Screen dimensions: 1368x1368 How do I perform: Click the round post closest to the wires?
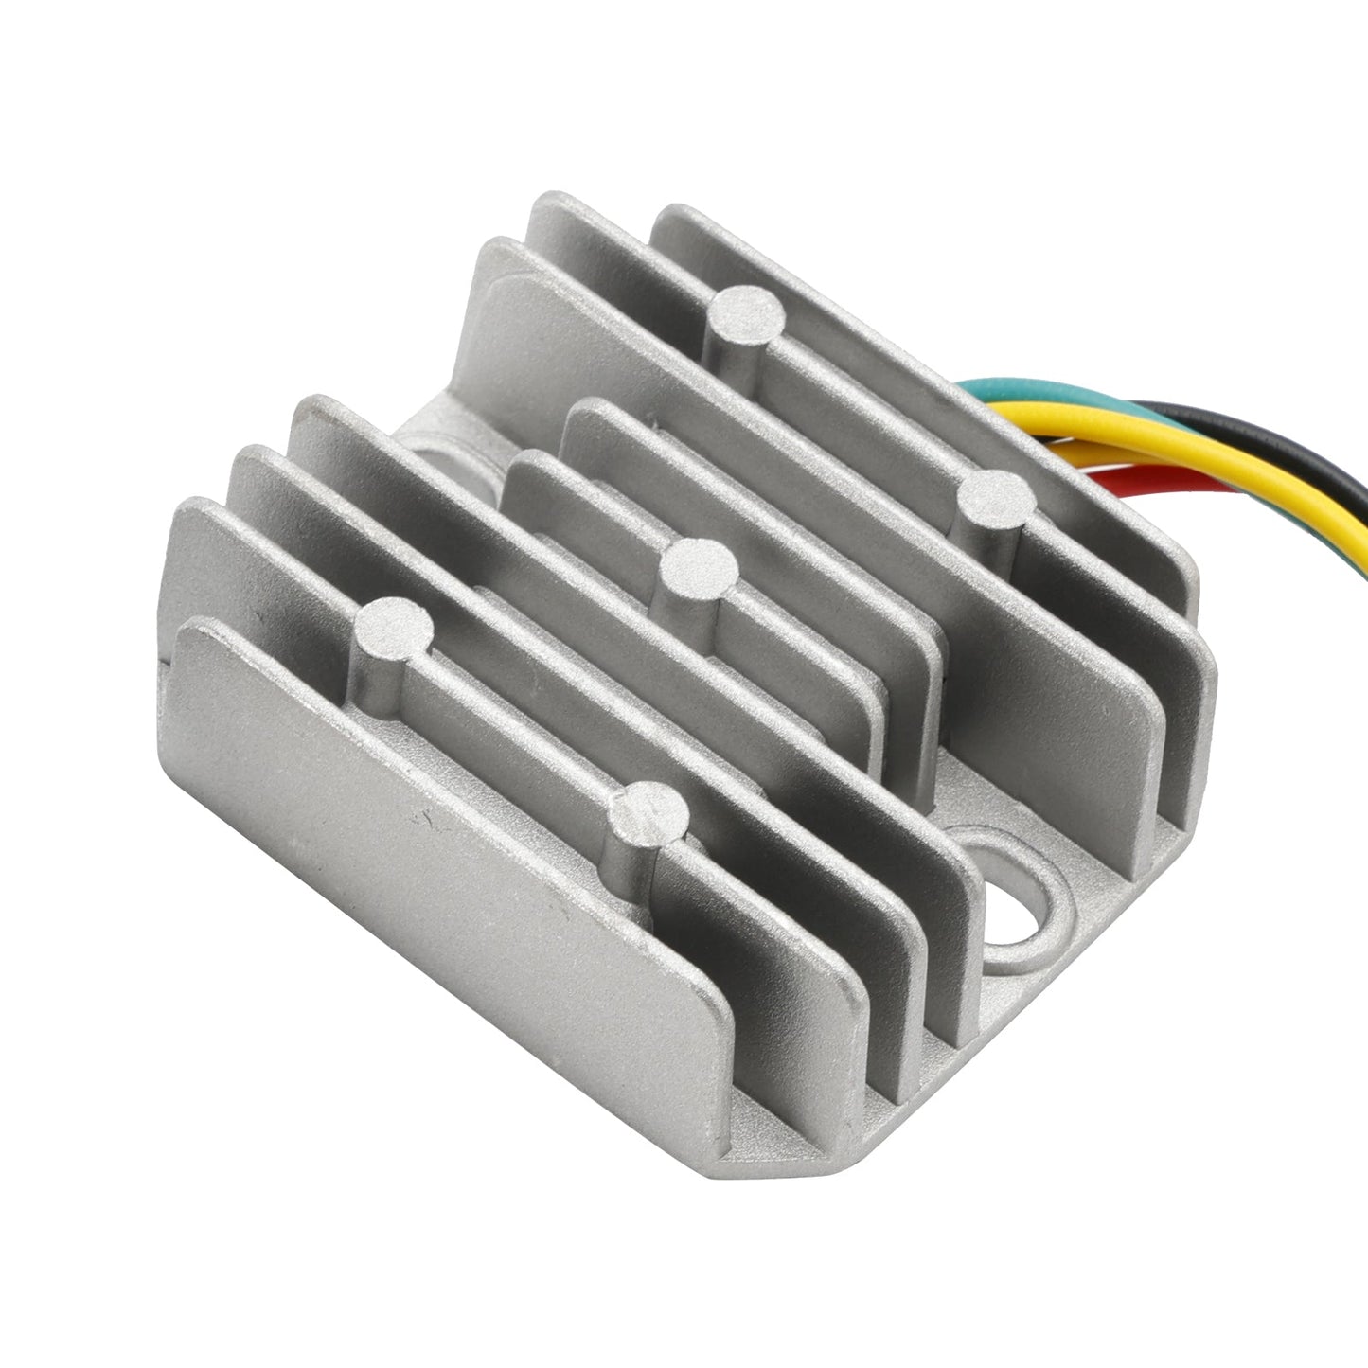pos(994,495)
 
